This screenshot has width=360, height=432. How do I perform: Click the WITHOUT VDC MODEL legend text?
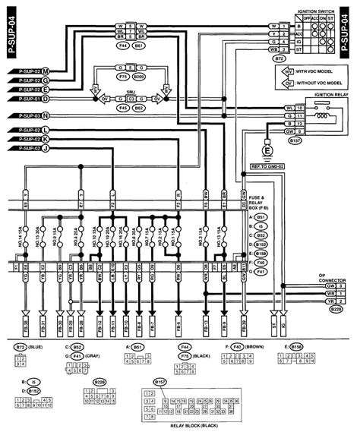[316, 85]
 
